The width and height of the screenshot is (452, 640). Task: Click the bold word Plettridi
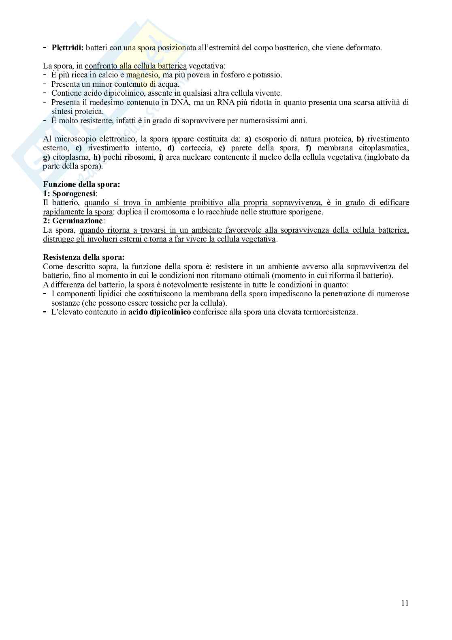click(x=67, y=48)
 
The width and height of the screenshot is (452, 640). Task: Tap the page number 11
click(x=405, y=603)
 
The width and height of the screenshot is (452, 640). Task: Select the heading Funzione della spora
click(x=81, y=184)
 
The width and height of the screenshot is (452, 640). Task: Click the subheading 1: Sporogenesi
click(x=70, y=193)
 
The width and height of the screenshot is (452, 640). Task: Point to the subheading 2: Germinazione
click(x=73, y=221)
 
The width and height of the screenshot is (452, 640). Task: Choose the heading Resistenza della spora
click(x=83, y=257)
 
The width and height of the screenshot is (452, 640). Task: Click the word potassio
click(x=267, y=75)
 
